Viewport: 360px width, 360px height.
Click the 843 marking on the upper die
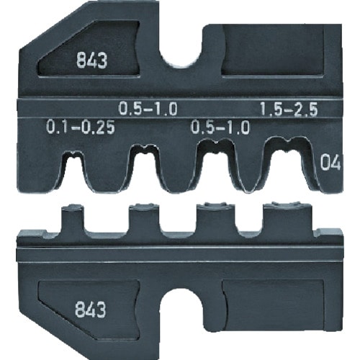point(94,62)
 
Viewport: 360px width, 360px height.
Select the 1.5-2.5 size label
point(289,108)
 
